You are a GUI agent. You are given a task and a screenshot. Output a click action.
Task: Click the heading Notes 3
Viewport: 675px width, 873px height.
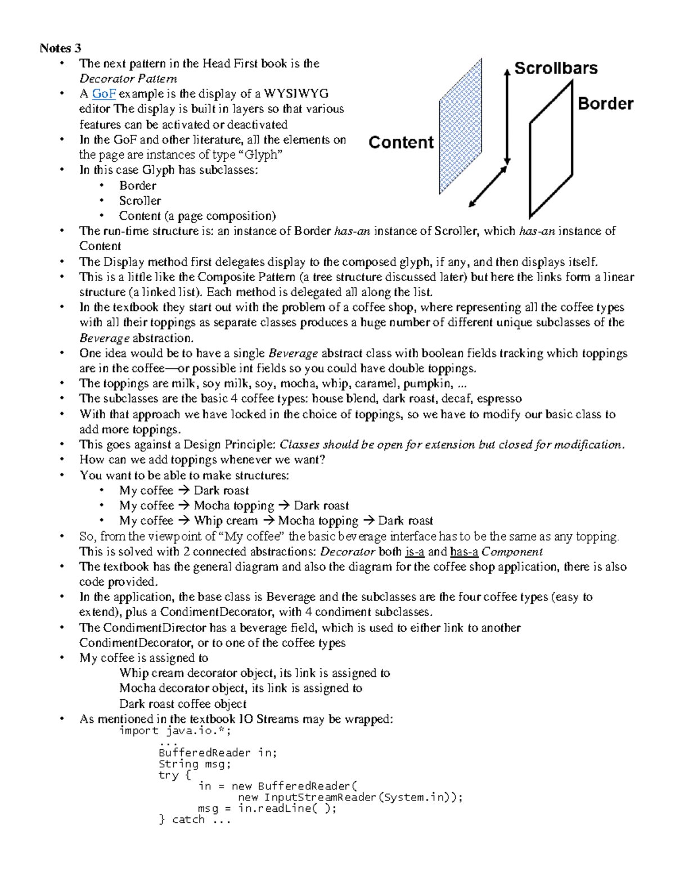60,48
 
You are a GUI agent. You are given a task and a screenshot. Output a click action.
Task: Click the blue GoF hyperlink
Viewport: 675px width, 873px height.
103,94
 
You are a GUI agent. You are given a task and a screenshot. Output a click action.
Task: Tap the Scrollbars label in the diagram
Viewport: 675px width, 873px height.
556,69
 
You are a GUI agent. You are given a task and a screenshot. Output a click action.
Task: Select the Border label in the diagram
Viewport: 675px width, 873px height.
605,104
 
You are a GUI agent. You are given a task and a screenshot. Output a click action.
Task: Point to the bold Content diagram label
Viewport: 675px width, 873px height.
401,143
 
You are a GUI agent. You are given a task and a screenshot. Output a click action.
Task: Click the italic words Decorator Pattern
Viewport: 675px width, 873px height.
128,79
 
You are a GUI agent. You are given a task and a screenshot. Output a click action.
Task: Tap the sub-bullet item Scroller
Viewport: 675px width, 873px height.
140,201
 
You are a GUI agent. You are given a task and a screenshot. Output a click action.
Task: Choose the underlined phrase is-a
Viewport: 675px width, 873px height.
415,551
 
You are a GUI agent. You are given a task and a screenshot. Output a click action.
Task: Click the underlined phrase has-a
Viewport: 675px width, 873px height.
464,551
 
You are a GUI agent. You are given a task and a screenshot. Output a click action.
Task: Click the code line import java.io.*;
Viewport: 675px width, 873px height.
175,731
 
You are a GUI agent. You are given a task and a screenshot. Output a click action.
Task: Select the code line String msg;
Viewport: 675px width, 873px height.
195,764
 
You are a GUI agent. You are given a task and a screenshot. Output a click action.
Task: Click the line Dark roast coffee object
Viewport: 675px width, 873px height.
183,704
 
